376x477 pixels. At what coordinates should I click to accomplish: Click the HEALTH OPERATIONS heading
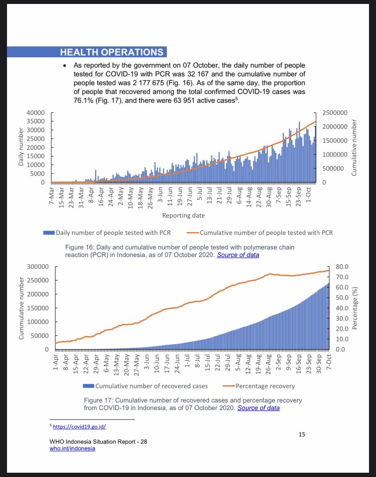pyautogui.click(x=111, y=52)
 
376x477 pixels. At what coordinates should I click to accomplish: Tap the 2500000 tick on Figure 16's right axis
pyautogui.click(x=334, y=113)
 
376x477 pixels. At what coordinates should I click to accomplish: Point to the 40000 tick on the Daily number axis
pyautogui.click(x=35, y=113)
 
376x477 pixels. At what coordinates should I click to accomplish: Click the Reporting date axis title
pyautogui.click(x=183, y=215)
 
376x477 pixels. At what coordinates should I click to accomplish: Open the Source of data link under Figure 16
pyautogui.click(x=238, y=255)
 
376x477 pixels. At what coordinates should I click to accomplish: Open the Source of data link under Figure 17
pyautogui.click(x=258, y=408)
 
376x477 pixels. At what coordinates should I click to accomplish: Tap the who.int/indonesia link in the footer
pyautogui.click(x=72, y=448)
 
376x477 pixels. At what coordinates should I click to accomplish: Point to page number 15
pyautogui.click(x=302, y=434)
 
